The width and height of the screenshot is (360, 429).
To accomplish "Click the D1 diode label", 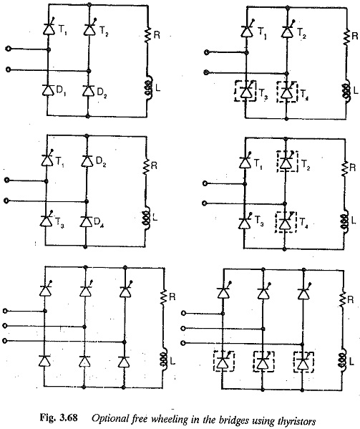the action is [x=61, y=91].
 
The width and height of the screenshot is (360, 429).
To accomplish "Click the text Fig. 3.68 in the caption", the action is [x=59, y=418].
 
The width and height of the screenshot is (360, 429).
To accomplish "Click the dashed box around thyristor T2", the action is [x=287, y=161].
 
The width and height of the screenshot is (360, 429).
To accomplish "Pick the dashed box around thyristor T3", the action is [x=245, y=91].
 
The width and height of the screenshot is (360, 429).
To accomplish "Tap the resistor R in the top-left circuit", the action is [x=148, y=35].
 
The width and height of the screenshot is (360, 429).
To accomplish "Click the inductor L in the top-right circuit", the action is [x=346, y=92].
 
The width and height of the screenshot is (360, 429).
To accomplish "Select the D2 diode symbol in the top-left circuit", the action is [x=88, y=90].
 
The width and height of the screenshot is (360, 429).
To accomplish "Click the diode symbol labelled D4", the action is [x=86, y=221].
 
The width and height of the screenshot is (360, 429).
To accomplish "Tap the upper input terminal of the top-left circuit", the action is [x=8, y=49].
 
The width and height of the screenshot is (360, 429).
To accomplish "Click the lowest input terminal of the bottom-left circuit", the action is [x=4, y=341].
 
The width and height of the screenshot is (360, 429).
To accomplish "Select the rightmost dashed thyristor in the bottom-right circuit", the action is [x=303, y=362].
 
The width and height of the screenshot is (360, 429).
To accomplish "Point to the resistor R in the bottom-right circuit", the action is [x=342, y=300].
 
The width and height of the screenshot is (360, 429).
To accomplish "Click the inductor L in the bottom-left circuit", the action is [x=164, y=360].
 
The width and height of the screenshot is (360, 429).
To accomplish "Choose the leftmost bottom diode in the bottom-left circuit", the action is [x=44, y=361].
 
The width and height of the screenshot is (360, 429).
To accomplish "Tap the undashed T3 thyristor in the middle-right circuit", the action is [x=245, y=222].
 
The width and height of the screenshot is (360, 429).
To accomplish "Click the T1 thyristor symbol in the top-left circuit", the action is [x=49, y=28].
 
